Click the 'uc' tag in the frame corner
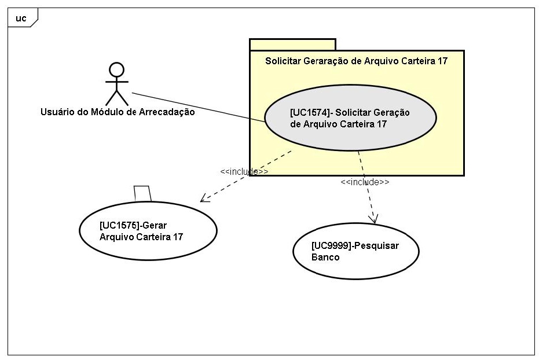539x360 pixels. [21, 18]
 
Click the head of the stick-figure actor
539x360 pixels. [116, 69]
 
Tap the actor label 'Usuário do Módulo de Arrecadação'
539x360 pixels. [118, 112]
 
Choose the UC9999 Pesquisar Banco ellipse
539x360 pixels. [355, 251]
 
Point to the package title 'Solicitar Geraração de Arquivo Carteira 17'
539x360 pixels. [356, 61]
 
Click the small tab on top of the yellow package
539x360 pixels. [292, 45]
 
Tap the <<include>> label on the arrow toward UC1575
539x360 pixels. [244, 172]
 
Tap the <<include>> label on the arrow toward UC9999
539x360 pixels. [365, 182]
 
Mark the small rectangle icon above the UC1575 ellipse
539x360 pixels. [142, 193]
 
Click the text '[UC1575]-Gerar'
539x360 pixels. [129, 225]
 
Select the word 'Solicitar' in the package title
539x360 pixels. [283, 61]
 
